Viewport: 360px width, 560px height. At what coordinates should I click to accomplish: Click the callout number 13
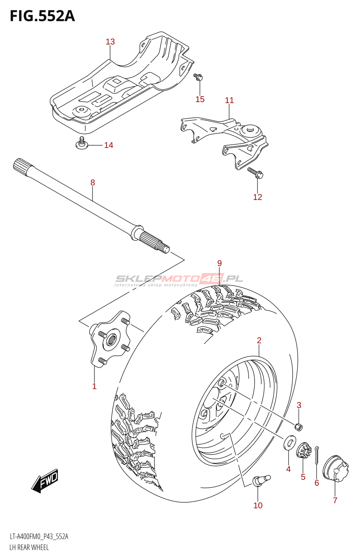pyautogui.click(x=110, y=42)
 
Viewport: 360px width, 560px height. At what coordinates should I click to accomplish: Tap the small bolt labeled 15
pyautogui.click(x=198, y=77)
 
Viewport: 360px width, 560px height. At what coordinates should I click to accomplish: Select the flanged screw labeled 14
pyautogui.click(x=82, y=143)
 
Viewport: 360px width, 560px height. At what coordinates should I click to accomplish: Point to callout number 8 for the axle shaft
pyautogui.click(x=92, y=182)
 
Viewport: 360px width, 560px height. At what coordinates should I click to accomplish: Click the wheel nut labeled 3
pyautogui.click(x=298, y=427)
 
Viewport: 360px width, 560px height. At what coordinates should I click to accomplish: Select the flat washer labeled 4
pyautogui.click(x=289, y=442)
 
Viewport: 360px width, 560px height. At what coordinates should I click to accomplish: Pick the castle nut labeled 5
pyautogui.click(x=304, y=451)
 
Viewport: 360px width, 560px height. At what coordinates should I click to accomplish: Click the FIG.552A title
pyautogui.click(x=42, y=16)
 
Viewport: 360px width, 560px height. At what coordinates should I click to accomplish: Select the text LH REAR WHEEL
pyautogui.click(x=29, y=547)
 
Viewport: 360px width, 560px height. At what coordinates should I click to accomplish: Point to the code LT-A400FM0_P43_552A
pyautogui.click(x=39, y=537)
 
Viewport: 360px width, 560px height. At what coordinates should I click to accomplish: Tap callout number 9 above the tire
pyautogui.click(x=220, y=263)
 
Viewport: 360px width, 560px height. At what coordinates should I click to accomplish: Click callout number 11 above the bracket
pyautogui.click(x=229, y=100)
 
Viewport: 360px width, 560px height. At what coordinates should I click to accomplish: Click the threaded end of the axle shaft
pyautogui.click(x=163, y=247)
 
